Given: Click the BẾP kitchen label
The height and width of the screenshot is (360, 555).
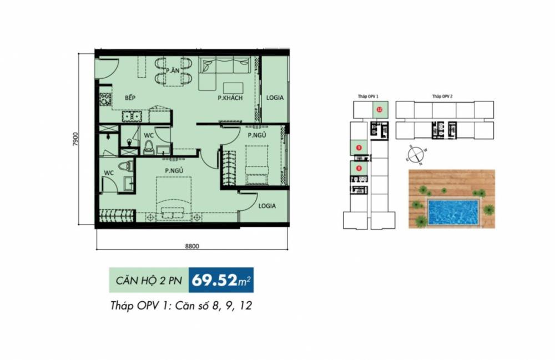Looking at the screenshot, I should pyautogui.click(x=130, y=98).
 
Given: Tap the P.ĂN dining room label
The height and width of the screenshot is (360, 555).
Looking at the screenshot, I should pyautogui.click(x=171, y=70).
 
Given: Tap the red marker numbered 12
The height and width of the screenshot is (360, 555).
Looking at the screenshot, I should pyautogui.click(x=380, y=109).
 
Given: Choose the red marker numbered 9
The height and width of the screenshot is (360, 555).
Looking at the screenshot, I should pyautogui.click(x=360, y=148).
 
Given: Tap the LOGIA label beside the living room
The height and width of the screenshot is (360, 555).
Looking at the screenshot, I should pyautogui.click(x=274, y=98).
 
